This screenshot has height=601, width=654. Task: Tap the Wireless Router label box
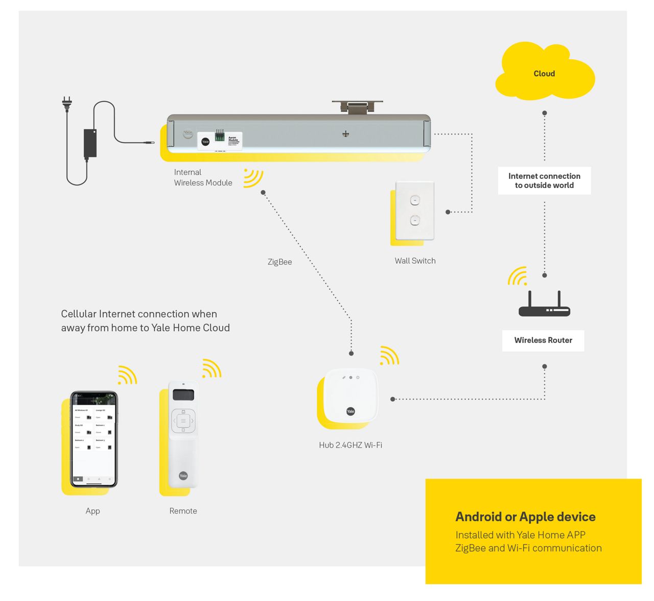[x=543, y=340]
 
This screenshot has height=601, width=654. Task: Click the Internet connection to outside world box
[x=544, y=180]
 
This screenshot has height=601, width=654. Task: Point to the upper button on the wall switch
[x=415, y=200]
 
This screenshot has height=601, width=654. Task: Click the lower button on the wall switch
[x=415, y=221]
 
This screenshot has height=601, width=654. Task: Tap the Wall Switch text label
[x=415, y=261]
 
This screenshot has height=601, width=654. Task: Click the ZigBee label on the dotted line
[x=280, y=262]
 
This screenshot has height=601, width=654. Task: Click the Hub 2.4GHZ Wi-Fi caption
[x=351, y=445]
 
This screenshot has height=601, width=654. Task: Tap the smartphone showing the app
[x=94, y=440]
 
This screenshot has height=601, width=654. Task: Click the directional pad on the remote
[x=183, y=421]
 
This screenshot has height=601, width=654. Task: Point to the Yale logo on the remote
[x=183, y=476]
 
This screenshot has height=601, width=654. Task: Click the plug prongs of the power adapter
[x=66, y=103]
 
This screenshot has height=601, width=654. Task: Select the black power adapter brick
[x=90, y=143]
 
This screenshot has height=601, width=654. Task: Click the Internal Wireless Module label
[x=203, y=177]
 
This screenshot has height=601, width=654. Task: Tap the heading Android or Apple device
[x=525, y=517]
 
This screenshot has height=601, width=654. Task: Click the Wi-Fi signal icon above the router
[x=518, y=276]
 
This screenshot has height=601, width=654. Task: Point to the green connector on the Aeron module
[x=220, y=136]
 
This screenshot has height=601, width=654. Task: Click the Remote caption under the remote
[x=183, y=511]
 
